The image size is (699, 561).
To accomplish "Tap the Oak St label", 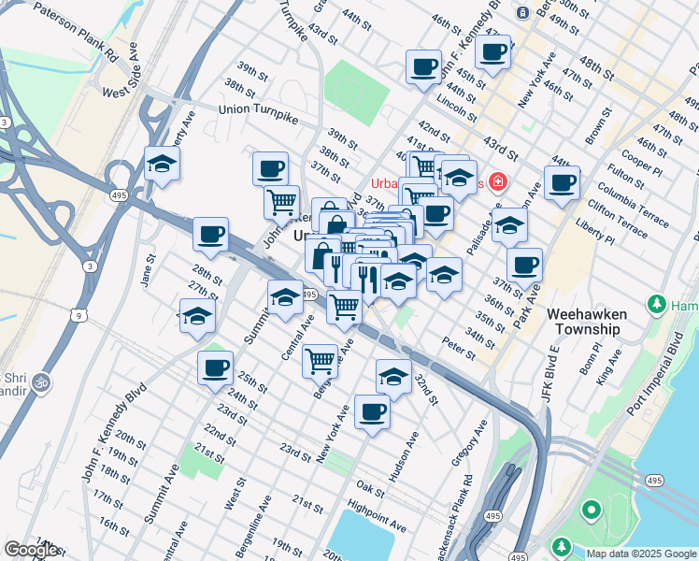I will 370,489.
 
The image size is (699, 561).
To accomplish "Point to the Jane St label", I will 146,269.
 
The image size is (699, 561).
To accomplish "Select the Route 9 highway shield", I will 80,315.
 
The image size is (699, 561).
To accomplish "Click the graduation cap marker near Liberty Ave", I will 163,164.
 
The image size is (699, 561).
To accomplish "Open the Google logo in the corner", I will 31,550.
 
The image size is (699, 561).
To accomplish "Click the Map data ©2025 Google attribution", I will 640,554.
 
